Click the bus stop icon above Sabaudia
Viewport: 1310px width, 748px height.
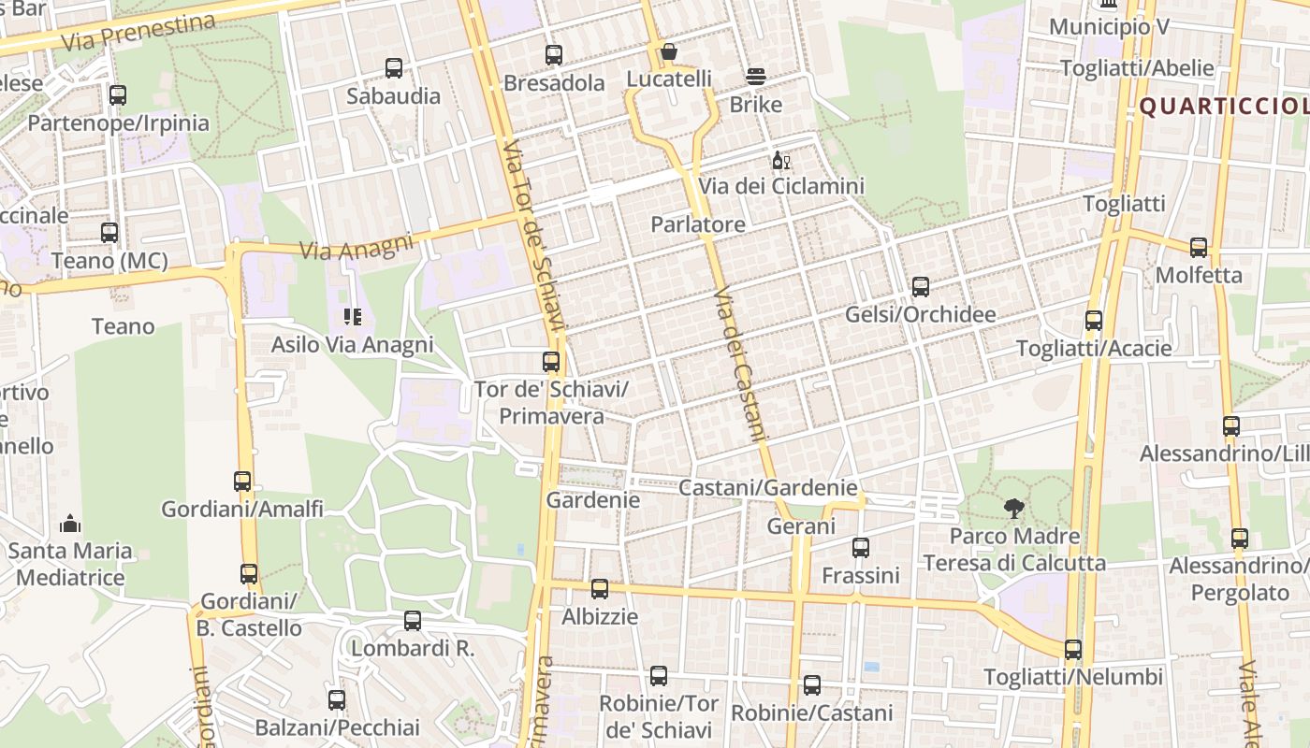[394, 68]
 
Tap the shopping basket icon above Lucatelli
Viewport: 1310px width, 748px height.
[668, 51]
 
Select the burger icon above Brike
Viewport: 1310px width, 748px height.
[755, 77]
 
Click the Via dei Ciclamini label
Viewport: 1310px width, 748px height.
[781, 186]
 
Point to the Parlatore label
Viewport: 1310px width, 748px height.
[698, 224]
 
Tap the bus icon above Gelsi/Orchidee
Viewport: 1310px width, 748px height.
[920, 287]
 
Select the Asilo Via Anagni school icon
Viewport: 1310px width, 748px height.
[352, 317]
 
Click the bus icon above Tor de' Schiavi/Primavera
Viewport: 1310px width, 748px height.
[551, 362]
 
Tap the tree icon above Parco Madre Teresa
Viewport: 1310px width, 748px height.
[1013, 509]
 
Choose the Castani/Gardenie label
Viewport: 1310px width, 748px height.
[767, 487]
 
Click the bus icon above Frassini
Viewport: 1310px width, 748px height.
[861, 548]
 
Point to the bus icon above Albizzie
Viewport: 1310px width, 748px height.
[600, 589]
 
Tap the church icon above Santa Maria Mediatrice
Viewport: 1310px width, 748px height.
[70, 524]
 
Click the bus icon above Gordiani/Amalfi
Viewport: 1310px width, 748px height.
[242, 482]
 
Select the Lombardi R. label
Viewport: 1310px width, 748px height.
[413, 647]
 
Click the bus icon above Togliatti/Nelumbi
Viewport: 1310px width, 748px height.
[1073, 650]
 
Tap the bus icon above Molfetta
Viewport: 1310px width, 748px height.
[1199, 248]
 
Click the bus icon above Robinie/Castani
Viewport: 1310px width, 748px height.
[812, 685]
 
